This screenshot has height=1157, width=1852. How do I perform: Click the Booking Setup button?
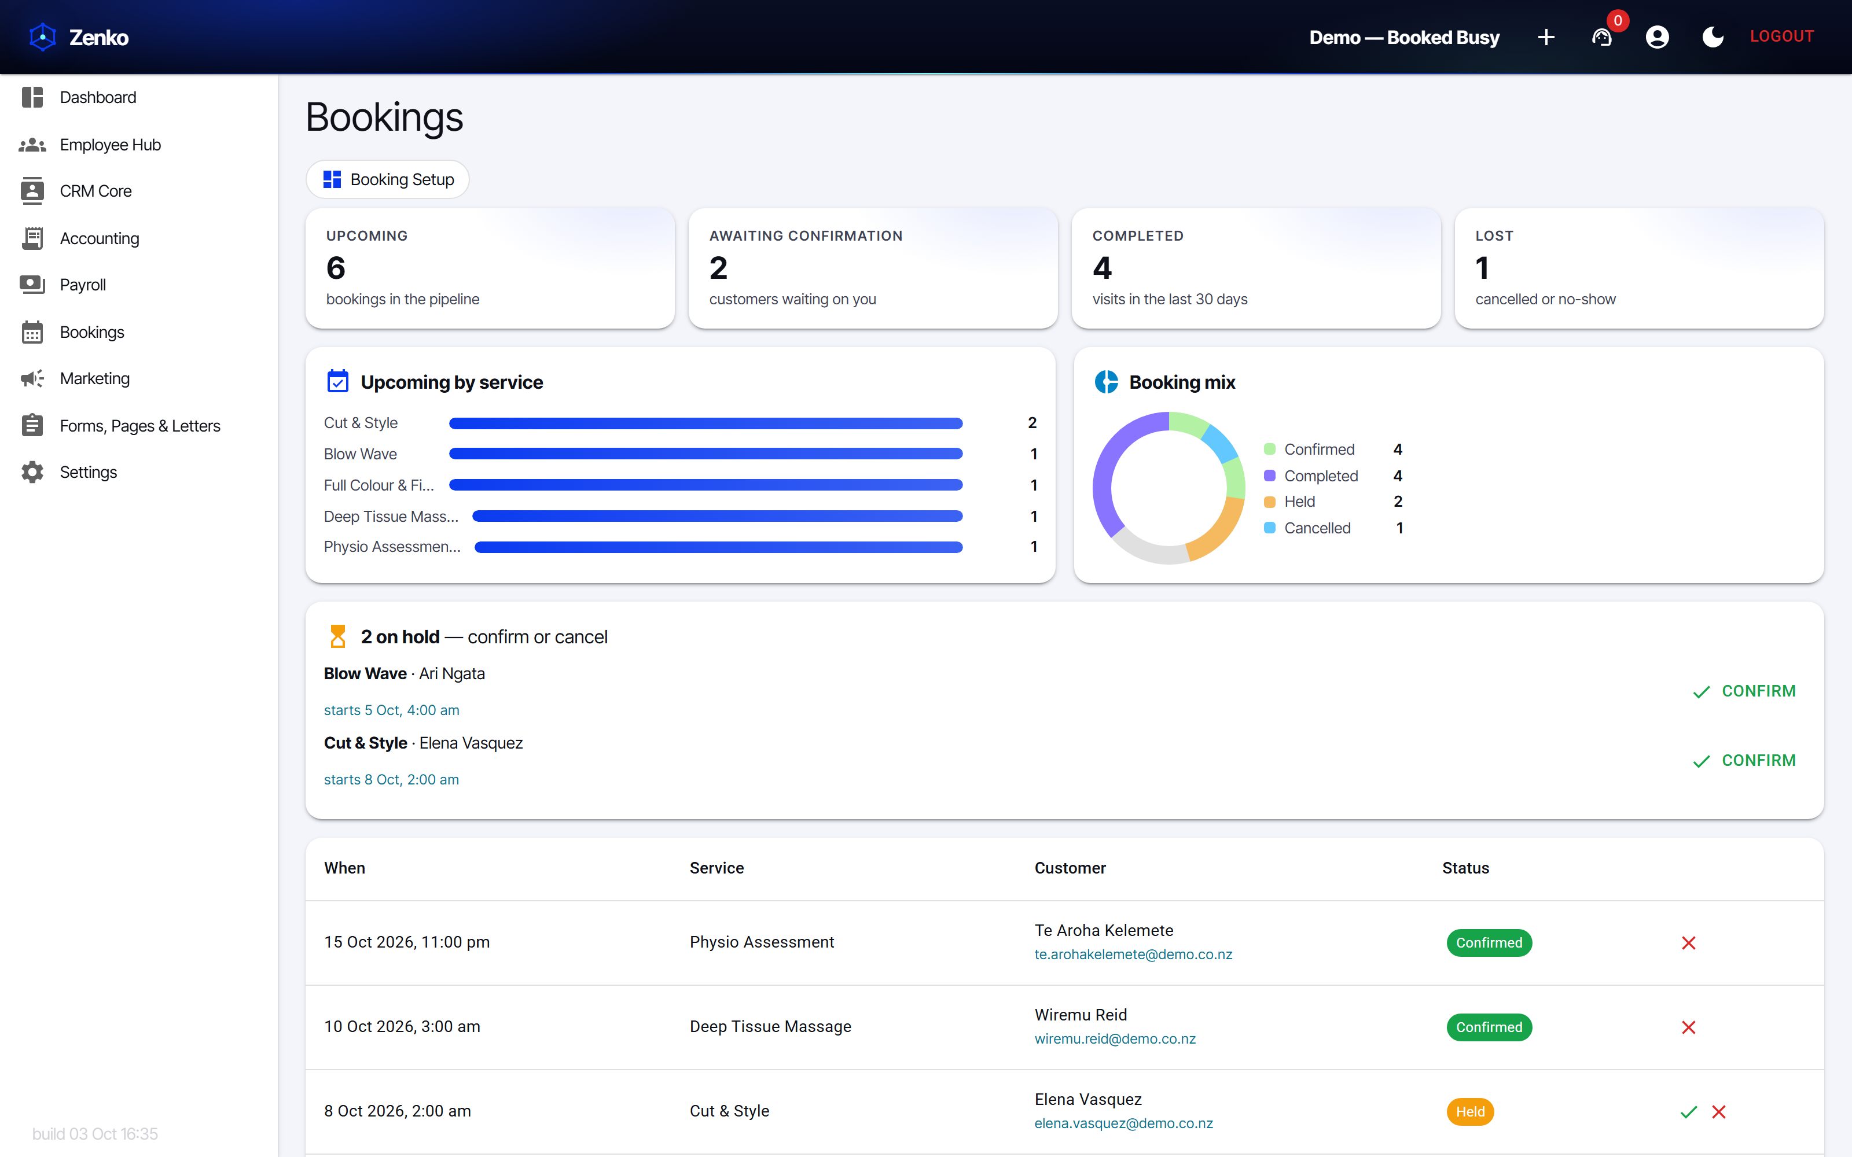(387, 179)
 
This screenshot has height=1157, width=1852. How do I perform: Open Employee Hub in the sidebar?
(109, 145)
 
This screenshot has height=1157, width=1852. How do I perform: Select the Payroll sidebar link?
(83, 285)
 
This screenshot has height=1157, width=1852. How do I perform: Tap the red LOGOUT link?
(1781, 36)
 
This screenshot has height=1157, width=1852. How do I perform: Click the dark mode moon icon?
(1713, 36)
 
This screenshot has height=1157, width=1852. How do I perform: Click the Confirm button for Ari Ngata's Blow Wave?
(1744, 691)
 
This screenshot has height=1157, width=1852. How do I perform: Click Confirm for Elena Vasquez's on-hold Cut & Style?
(1744, 761)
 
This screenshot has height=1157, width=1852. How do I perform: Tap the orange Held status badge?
(1469, 1111)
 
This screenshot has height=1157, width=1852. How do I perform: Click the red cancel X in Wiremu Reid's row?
(1688, 1027)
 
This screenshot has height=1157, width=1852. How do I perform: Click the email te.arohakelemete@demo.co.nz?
(1133, 954)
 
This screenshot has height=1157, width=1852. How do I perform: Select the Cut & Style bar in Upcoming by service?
(705, 423)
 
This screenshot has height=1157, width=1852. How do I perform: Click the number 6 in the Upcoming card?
(335, 268)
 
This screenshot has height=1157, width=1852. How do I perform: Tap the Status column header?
(1465, 868)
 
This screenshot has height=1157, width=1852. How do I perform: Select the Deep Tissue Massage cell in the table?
(770, 1026)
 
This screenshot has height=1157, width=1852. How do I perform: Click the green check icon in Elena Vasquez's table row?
(1688, 1112)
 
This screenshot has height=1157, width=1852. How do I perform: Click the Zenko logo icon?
(43, 36)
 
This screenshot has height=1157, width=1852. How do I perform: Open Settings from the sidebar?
(88, 472)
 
